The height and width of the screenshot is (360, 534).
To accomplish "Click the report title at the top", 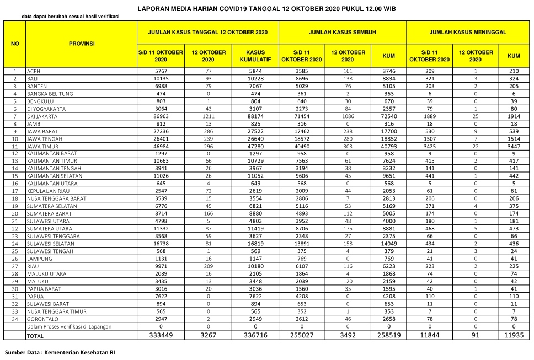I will pyautogui.click(x=266, y=9).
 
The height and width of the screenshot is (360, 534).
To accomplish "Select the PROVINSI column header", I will pyautogui.click(x=82, y=43).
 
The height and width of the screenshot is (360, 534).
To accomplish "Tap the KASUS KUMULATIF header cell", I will pyautogui.click(x=255, y=56).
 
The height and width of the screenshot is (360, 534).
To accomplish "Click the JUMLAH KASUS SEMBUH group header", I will pyautogui.click(x=343, y=33).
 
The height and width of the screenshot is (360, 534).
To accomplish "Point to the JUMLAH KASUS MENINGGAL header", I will pyautogui.click(x=468, y=33).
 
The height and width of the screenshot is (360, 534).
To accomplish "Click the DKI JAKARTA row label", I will pyautogui.click(x=45, y=117).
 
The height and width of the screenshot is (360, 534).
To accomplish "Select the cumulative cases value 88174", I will pyautogui.click(x=255, y=117).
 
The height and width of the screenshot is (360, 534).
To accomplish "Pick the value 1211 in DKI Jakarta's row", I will pyautogui.click(x=208, y=117).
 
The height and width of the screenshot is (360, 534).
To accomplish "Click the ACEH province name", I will pyautogui.click(x=34, y=72).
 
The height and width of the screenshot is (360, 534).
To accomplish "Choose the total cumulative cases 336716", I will pyautogui.click(x=255, y=335).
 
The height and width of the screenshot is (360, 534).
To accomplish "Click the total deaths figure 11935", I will pyautogui.click(x=514, y=335).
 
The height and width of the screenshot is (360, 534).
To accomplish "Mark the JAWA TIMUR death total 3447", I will pyautogui.click(x=514, y=147).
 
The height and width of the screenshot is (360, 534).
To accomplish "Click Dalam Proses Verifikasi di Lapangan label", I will pyautogui.click(x=70, y=326).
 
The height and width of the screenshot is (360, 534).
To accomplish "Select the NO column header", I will pyautogui.click(x=15, y=43).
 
